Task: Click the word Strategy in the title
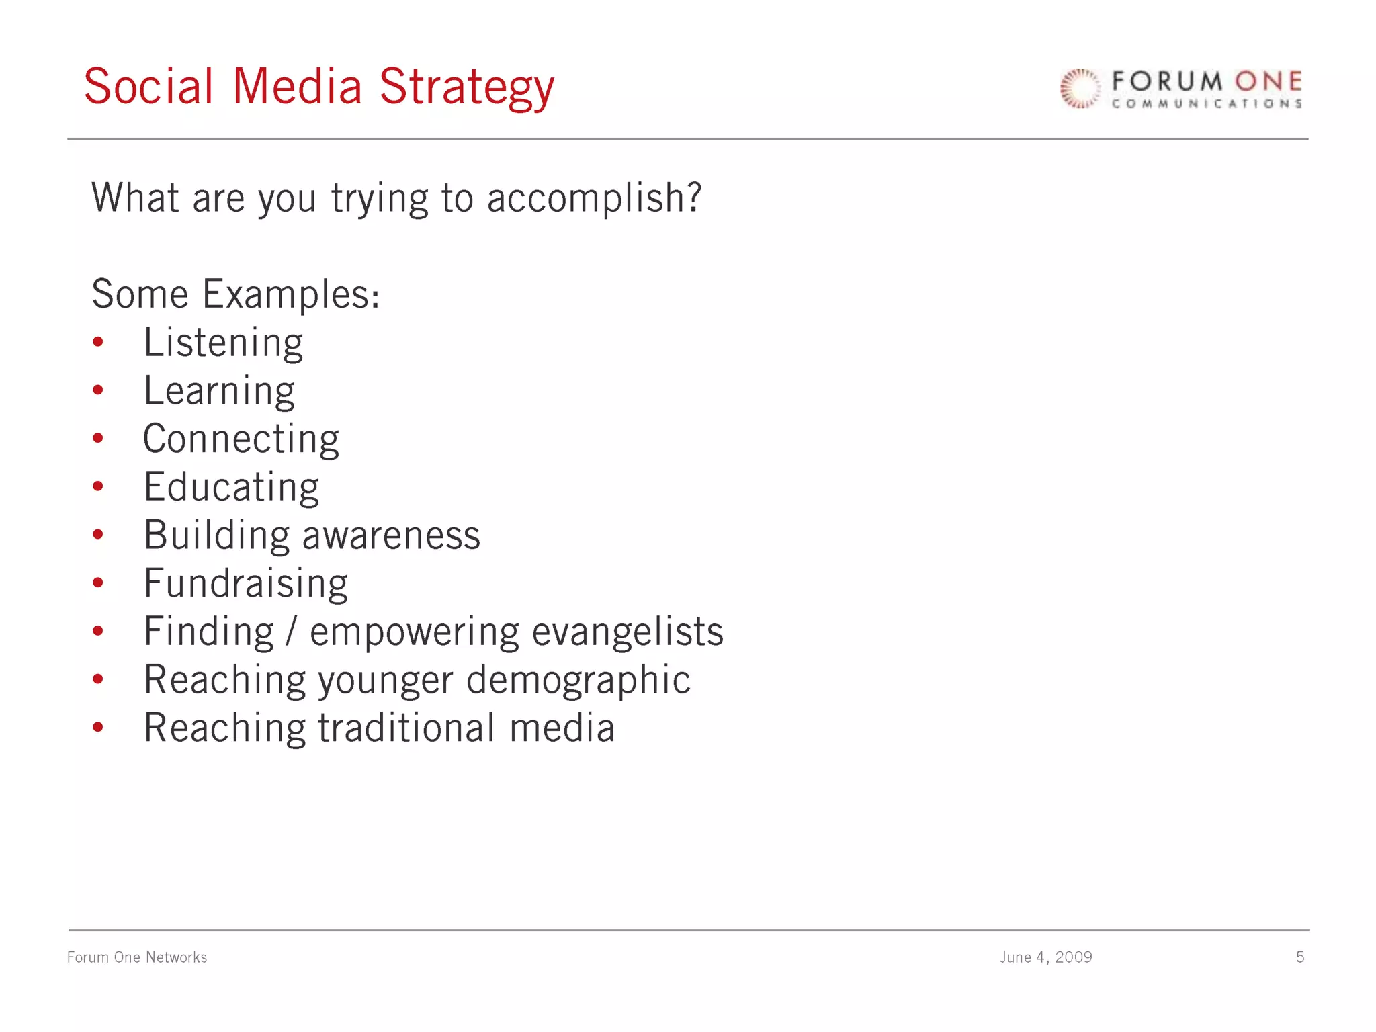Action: tap(466, 88)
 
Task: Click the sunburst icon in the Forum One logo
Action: tap(1080, 89)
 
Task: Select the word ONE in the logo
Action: tap(1268, 82)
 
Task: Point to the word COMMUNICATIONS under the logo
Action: tap(1207, 104)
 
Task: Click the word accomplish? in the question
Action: tap(594, 199)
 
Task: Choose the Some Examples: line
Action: tap(236, 294)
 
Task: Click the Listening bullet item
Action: tap(223, 343)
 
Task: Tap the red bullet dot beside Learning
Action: tap(98, 390)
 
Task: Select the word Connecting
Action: tap(241, 439)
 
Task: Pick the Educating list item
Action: tap(231, 487)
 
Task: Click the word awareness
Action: tap(391, 535)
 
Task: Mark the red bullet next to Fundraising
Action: tap(98, 583)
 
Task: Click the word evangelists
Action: tap(628, 632)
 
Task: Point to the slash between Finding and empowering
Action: tap(291, 632)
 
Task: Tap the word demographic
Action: tap(578, 680)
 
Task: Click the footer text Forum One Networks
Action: tap(137, 957)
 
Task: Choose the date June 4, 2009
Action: tap(1045, 957)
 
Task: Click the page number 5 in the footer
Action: tap(1300, 957)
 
